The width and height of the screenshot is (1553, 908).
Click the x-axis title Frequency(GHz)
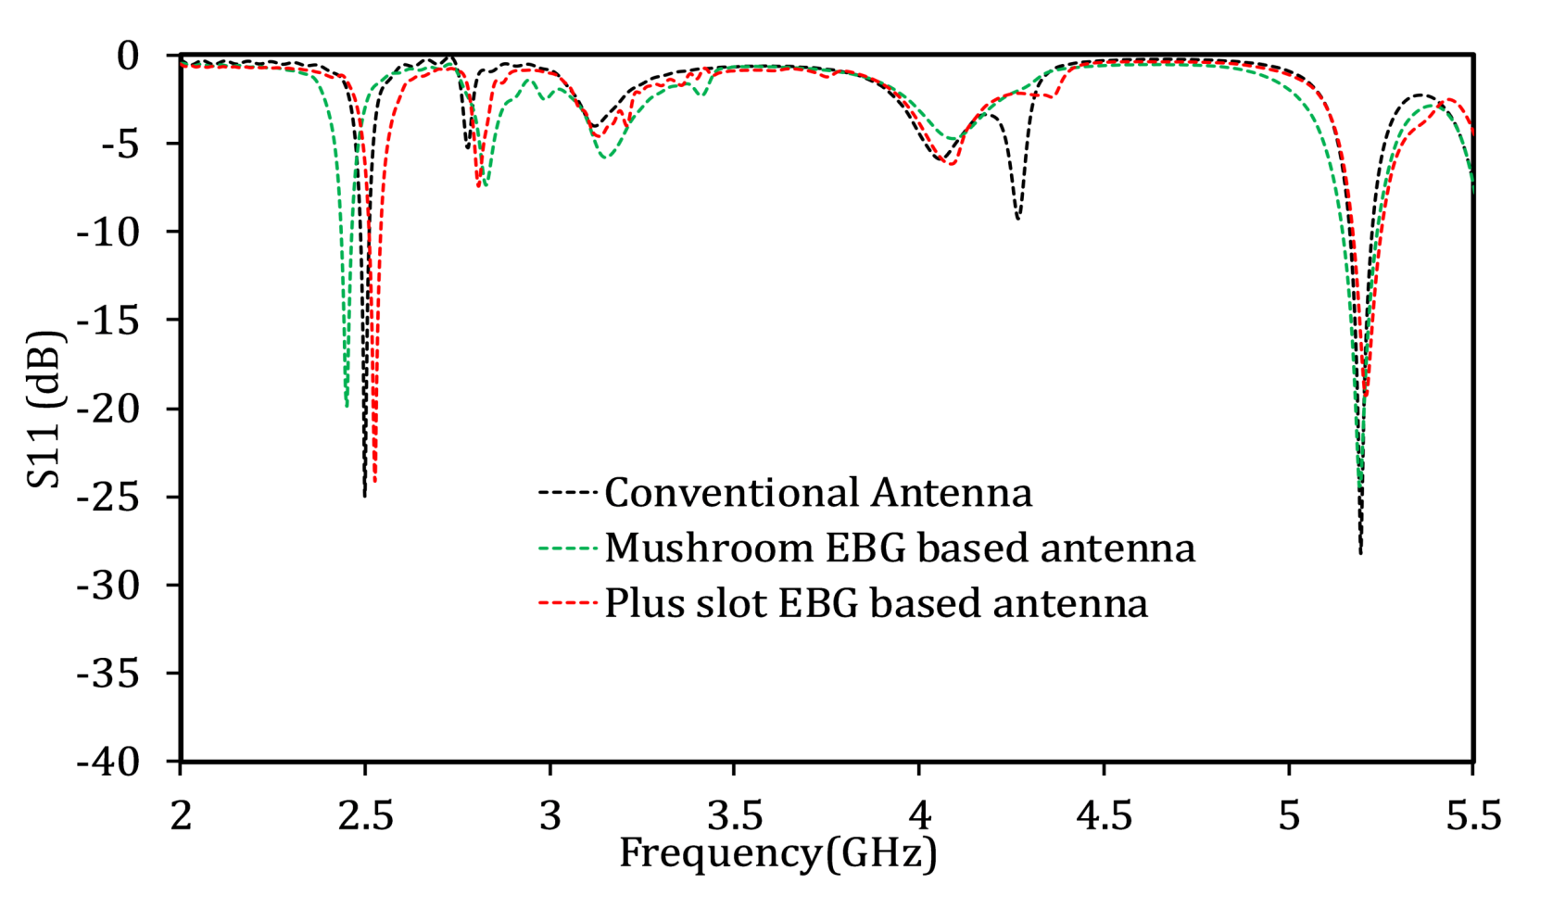778,853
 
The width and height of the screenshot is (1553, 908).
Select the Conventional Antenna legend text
818,492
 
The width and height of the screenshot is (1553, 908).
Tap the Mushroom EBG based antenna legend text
900,548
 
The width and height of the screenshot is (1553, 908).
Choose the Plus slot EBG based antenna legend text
876,603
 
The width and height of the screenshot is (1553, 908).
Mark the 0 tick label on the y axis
128,56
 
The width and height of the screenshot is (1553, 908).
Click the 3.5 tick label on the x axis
735,816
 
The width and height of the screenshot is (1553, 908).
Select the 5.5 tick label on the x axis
1472,816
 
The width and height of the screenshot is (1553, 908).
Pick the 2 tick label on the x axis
182,816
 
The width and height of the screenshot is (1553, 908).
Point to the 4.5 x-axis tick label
1104,816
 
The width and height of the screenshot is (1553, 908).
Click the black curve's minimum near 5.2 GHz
1360,553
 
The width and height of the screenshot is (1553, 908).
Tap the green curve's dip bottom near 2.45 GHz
347,407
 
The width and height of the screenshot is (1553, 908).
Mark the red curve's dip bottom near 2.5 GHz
374,482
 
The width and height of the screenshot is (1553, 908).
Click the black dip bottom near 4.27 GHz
1017,219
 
